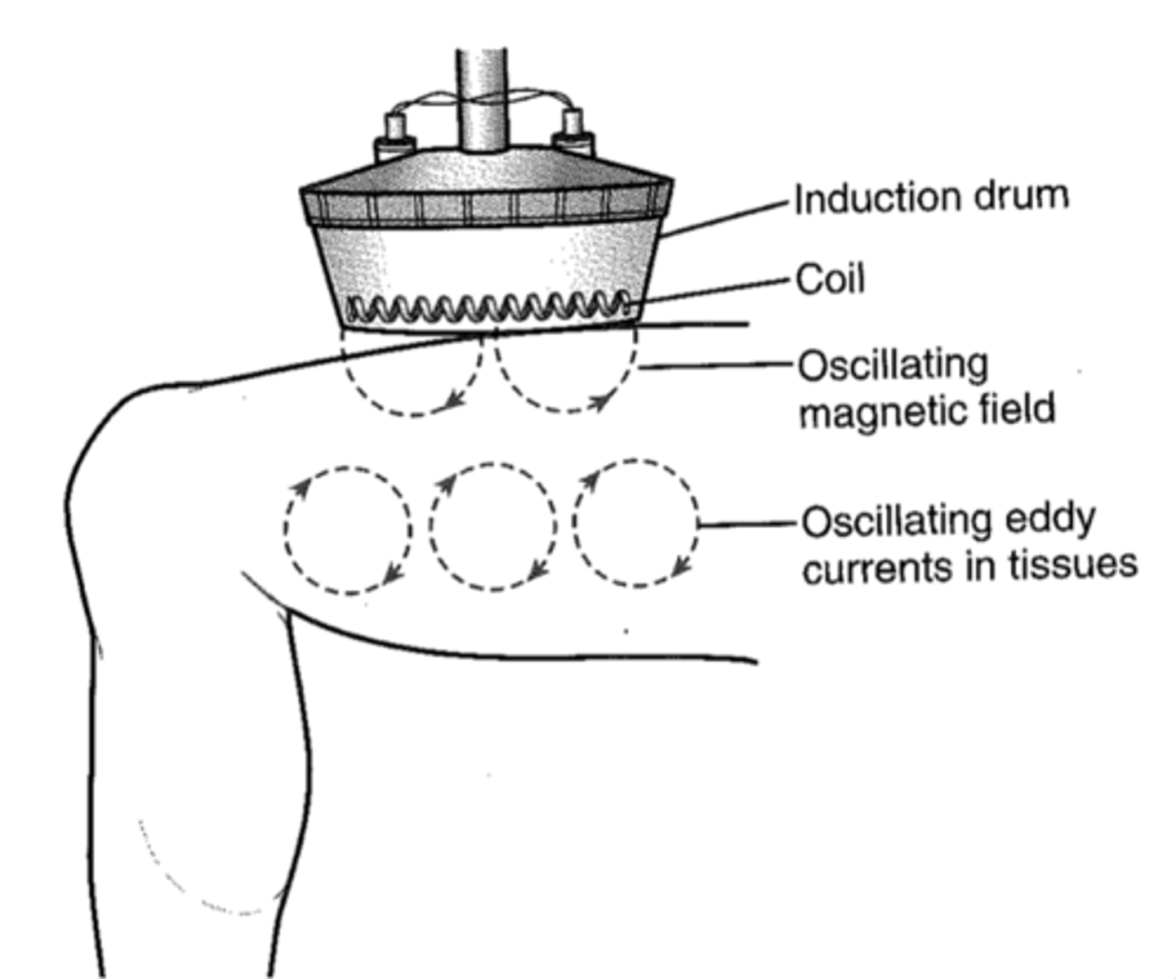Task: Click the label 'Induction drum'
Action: [931, 199]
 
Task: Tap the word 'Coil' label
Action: [830, 279]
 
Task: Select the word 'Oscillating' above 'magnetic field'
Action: [893, 365]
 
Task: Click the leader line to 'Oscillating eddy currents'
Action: [748, 523]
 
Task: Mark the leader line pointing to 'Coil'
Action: [710, 293]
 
